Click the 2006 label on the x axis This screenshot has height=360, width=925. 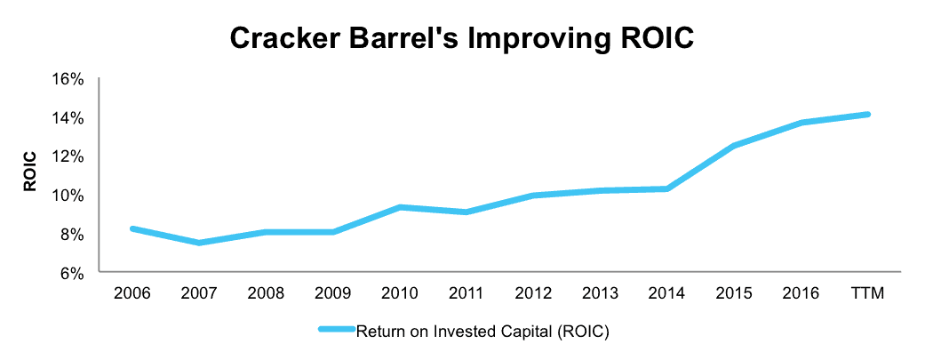[132, 293]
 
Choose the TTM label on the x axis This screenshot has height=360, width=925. [868, 293]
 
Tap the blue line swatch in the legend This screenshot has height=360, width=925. [336, 331]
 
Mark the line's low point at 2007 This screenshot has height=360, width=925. [199, 243]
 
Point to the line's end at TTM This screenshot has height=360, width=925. [868, 114]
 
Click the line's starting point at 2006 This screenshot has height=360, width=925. [132, 228]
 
